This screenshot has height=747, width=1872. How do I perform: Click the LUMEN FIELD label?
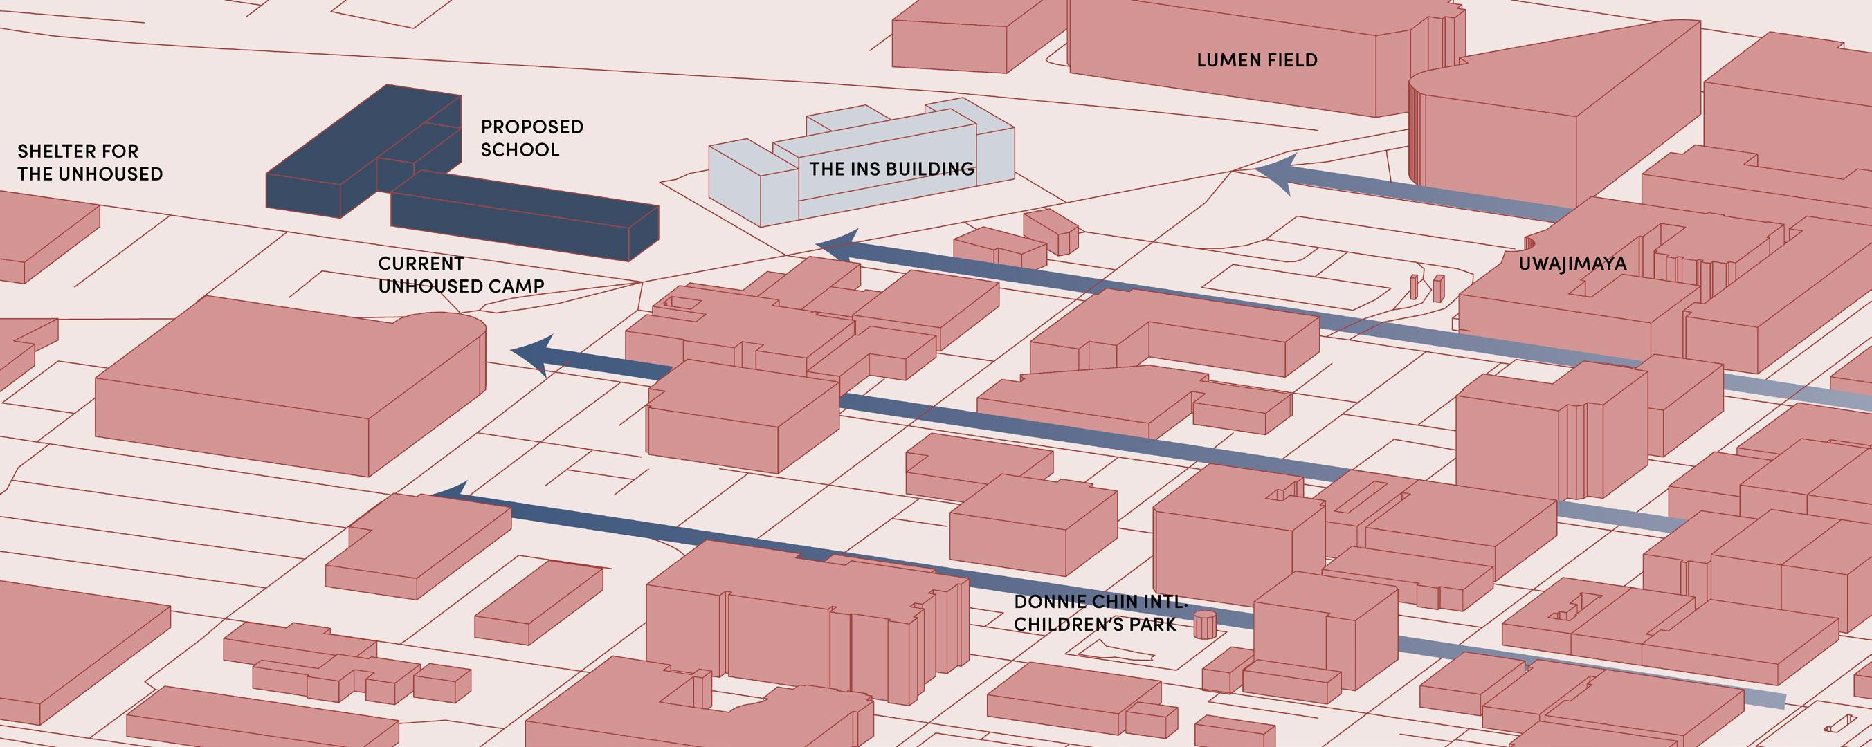1257,60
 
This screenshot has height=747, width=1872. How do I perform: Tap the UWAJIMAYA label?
1572,264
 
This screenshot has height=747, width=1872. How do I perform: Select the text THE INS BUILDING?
891,169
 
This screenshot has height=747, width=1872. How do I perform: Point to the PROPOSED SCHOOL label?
532,138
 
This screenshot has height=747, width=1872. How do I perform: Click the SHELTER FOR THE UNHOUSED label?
89,163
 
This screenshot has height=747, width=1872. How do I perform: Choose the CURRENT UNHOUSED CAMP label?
461,275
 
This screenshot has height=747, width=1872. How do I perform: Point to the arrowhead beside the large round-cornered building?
536,354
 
